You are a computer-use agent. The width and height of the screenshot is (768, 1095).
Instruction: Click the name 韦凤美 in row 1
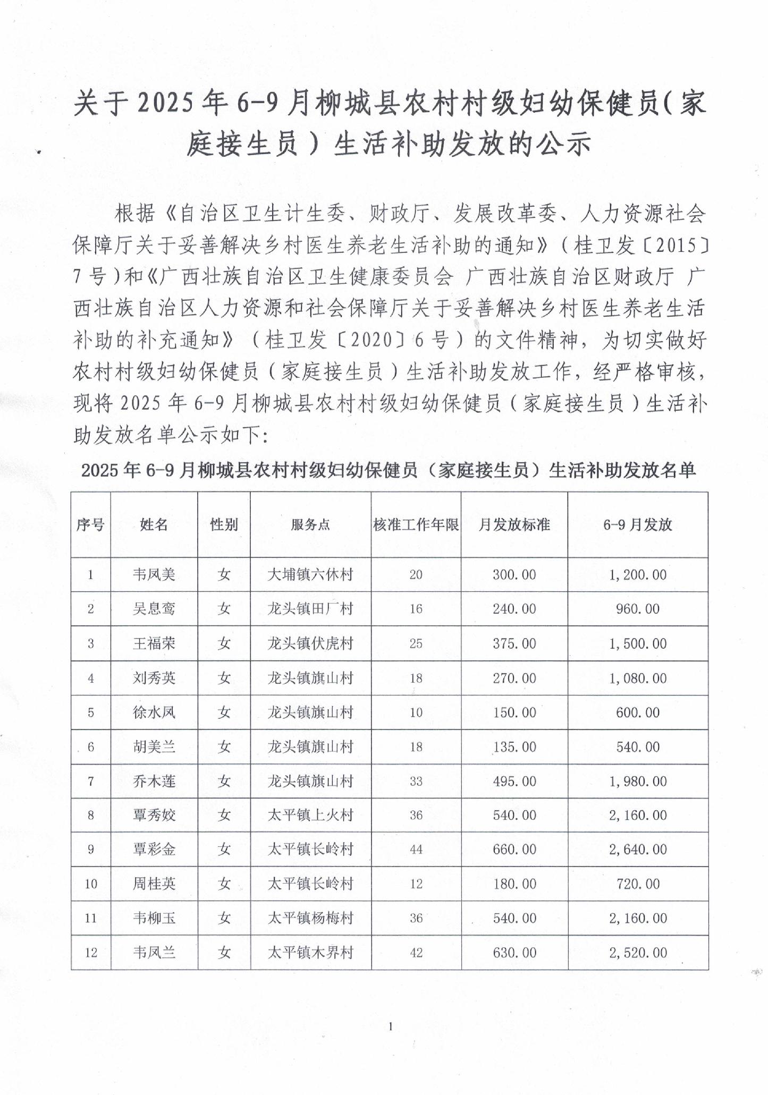pyautogui.click(x=154, y=575)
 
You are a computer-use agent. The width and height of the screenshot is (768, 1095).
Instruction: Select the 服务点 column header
pyautogui.click(x=310, y=525)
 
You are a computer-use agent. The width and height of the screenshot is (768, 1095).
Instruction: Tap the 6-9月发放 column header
pyautogui.click(x=637, y=525)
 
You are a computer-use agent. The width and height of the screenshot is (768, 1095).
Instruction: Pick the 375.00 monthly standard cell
pyautogui.click(x=514, y=643)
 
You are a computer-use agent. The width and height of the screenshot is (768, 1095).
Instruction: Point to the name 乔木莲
pyautogui.click(x=154, y=782)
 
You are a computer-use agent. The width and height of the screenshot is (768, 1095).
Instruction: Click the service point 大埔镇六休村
pyautogui.click(x=310, y=575)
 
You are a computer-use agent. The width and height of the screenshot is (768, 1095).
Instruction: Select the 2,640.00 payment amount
pyautogui.click(x=637, y=850)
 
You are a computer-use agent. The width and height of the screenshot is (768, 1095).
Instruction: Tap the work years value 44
pyautogui.click(x=416, y=850)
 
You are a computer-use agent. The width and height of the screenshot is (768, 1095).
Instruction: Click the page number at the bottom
pyautogui.click(x=391, y=1026)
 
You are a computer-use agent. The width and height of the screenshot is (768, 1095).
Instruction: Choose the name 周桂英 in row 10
pyautogui.click(x=154, y=884)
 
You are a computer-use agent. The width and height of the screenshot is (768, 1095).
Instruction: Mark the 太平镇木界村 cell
pyautogui.click(x=310, y=953)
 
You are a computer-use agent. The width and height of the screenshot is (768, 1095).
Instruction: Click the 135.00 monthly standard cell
pyautogui.click(x=514, y=747)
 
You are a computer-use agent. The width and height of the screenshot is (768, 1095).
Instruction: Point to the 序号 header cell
pyautogui.click(x=90, y=525)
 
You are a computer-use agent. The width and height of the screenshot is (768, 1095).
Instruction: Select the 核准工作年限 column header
pyautogui.click(x=416, y=525)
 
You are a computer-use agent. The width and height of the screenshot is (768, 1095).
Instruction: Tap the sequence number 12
pyautogui.click(x=90, y=953)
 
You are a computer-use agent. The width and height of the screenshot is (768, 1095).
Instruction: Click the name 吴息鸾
pyautogui.click(x=154, y=609)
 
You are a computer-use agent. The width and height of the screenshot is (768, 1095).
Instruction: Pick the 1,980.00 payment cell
pyautogui.click(x=637, y=782)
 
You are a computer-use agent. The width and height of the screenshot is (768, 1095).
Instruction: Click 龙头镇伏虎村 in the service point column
pyautogui.click(x=310, y=643)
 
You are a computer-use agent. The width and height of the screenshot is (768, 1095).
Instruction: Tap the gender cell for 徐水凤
pyautogui.click(x=224, y=712)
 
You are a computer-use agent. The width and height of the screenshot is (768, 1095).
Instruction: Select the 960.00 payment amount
pyautogui.click(x=637, y=609)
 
